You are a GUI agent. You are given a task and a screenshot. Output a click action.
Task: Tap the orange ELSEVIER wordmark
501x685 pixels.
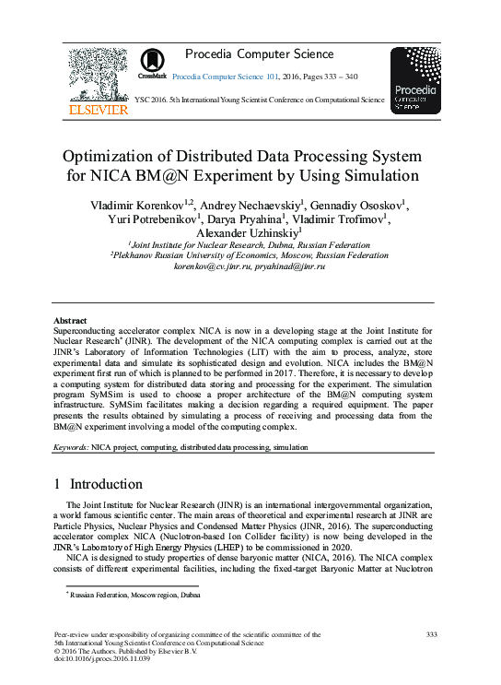click(99, 110)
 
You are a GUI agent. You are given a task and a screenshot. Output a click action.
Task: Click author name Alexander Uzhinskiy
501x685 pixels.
click(248, 234)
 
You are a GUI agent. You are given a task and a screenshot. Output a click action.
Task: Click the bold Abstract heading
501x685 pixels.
click(70, 320)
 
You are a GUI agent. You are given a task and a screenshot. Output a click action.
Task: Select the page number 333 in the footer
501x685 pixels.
click(432, 635)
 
